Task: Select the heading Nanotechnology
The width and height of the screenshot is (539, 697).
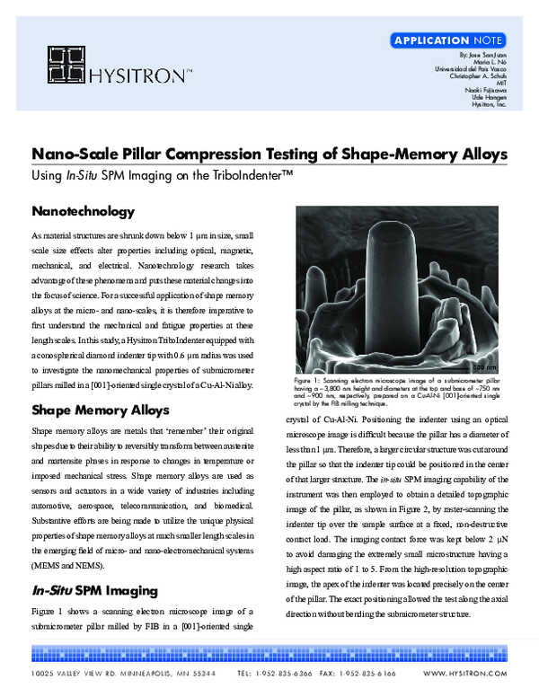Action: point(83,212)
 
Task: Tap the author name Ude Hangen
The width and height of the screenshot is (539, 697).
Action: point(490,98)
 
